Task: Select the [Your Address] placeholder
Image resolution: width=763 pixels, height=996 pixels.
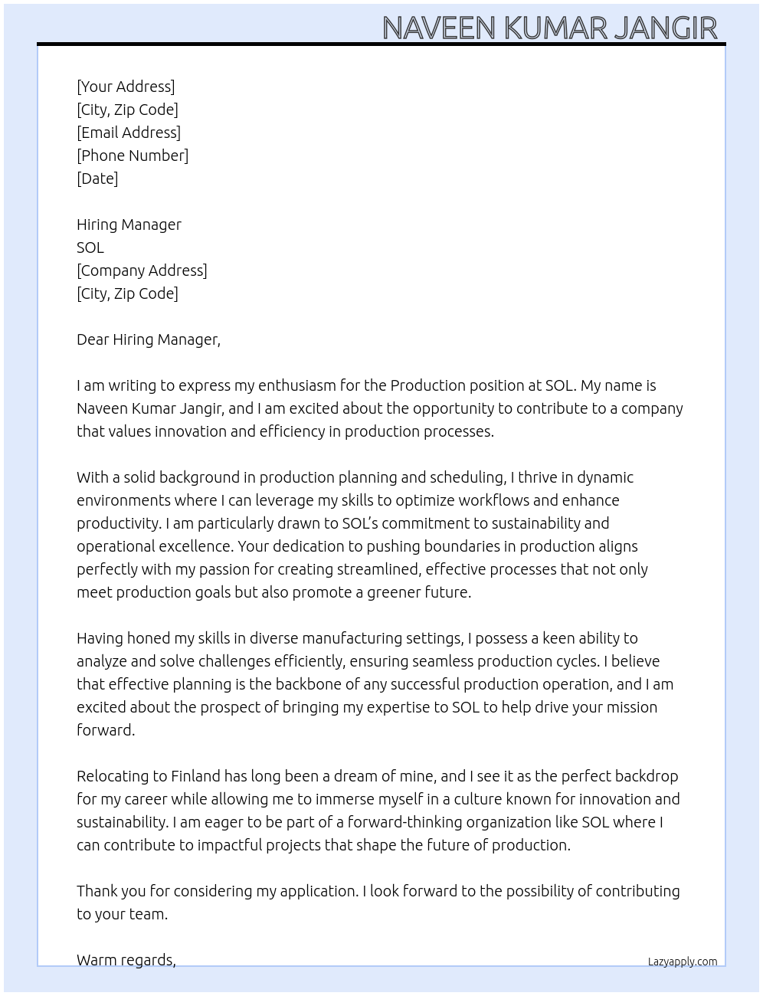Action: pyautogui.click(x=126, y=87)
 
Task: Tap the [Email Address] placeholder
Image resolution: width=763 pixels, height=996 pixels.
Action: pyautogui.click(x=129, y=133)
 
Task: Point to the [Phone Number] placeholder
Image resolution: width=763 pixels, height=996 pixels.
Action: pyautogui.click(x=133, y=156)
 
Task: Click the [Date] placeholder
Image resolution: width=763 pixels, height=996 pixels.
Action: pyautogui.click(x=97, y=179)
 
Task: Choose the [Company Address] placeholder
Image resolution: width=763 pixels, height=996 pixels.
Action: pyautogui.click(x=142, y=270)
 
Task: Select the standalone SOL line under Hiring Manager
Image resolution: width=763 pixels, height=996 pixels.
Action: pyautogui.click(x=90, y=247)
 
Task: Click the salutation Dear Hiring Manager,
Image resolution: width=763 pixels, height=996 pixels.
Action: pyautogui.click(x=149, y=339)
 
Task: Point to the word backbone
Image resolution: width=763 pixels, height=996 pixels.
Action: pyautogui.click(x=317, y=684)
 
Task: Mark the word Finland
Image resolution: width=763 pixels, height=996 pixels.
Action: pyautogui.click(x=195, y=776)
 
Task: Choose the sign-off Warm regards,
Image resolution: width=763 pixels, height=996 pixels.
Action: pyautogui.click(x=126, y=960)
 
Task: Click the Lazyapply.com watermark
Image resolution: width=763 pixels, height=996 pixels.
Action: pyautogui.click(x=683, y=962)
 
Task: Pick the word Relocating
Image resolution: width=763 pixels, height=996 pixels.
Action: pyautogui.click(x=113, y=776)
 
